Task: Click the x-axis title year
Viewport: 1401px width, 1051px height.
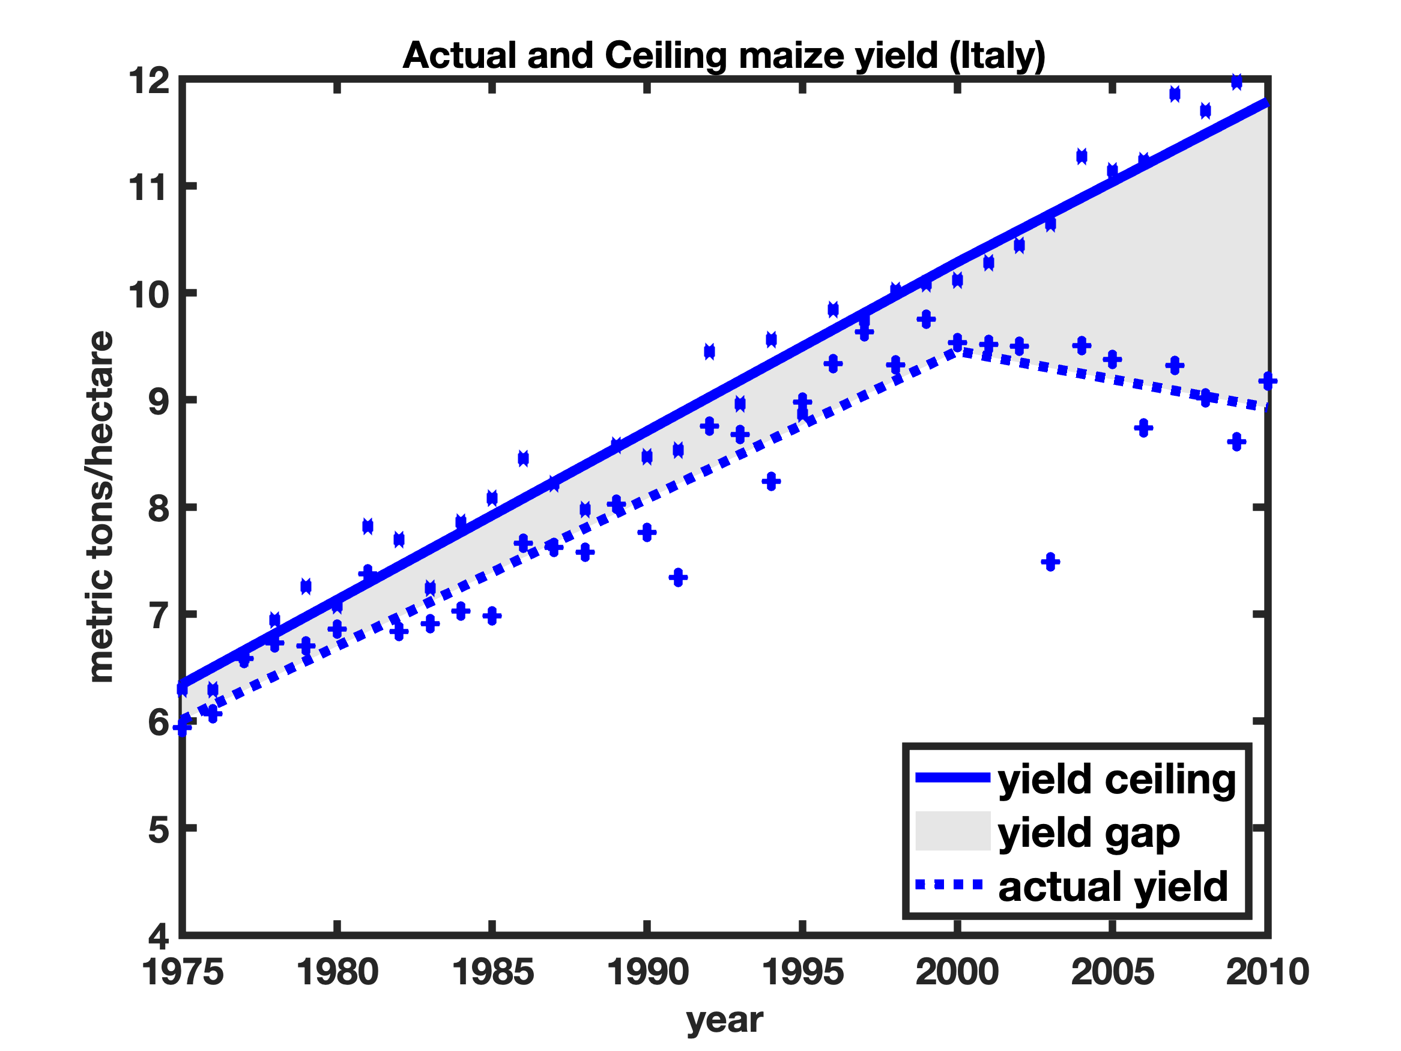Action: point(725,1019)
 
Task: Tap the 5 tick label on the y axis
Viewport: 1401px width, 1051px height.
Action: point(159,829)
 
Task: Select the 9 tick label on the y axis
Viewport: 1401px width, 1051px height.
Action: point(159,401)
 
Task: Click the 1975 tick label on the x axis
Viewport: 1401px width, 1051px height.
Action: point(183,972)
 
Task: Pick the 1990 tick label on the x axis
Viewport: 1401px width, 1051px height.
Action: point(647,972)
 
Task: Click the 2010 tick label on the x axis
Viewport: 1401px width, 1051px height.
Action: point(1266,972)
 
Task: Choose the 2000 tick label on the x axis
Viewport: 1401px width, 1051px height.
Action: point(957,972)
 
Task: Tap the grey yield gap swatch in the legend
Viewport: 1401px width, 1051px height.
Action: point(952,831)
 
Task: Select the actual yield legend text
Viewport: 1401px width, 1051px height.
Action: point(1113,886)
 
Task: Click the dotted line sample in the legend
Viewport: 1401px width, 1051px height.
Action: point(949,885)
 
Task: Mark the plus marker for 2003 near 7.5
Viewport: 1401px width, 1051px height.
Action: point(1050,562)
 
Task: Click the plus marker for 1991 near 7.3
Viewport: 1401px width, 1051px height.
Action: point(678,577)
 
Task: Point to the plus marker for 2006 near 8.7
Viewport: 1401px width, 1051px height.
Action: point(1143,428)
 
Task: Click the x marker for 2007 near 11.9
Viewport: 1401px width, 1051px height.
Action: point(1174,94)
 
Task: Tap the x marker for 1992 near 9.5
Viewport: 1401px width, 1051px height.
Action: point(709,351)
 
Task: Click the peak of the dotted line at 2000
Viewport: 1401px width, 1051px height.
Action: point(958,350)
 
